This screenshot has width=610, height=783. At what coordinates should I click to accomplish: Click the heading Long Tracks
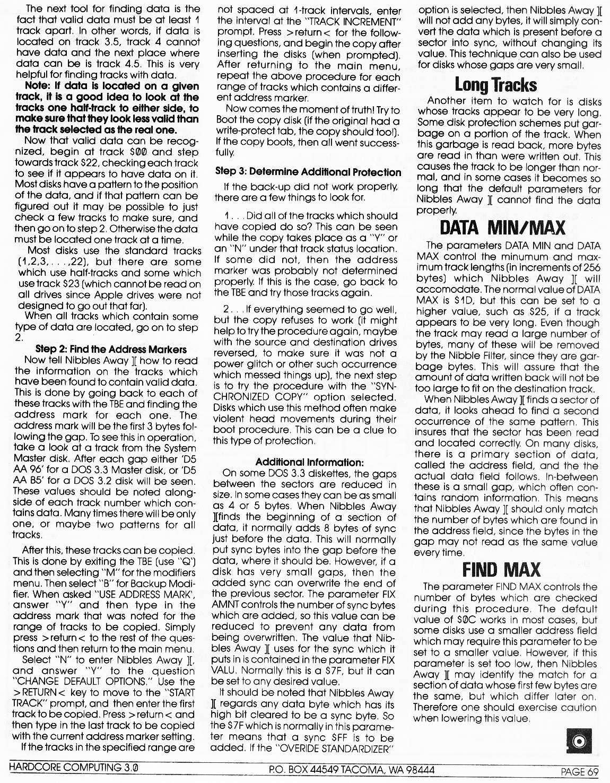click(495, 85)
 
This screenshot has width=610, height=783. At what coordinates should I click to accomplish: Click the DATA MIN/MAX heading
click(502, 228)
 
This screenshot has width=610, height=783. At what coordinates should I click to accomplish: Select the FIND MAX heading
click(501, 570)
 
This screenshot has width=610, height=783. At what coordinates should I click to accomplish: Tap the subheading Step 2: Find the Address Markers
click(111, 349)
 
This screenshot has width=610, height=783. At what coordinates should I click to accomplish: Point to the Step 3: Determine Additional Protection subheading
click(308, 172)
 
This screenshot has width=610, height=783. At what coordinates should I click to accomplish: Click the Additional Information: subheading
click(309, 462)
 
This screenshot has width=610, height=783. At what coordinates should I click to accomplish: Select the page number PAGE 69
click(580, 772)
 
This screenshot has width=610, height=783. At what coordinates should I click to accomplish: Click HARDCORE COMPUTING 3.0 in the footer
click(74, 768)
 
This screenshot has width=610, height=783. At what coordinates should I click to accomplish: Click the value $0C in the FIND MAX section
click(465, 620)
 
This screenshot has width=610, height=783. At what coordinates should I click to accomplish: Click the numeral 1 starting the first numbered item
click(227, 216)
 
